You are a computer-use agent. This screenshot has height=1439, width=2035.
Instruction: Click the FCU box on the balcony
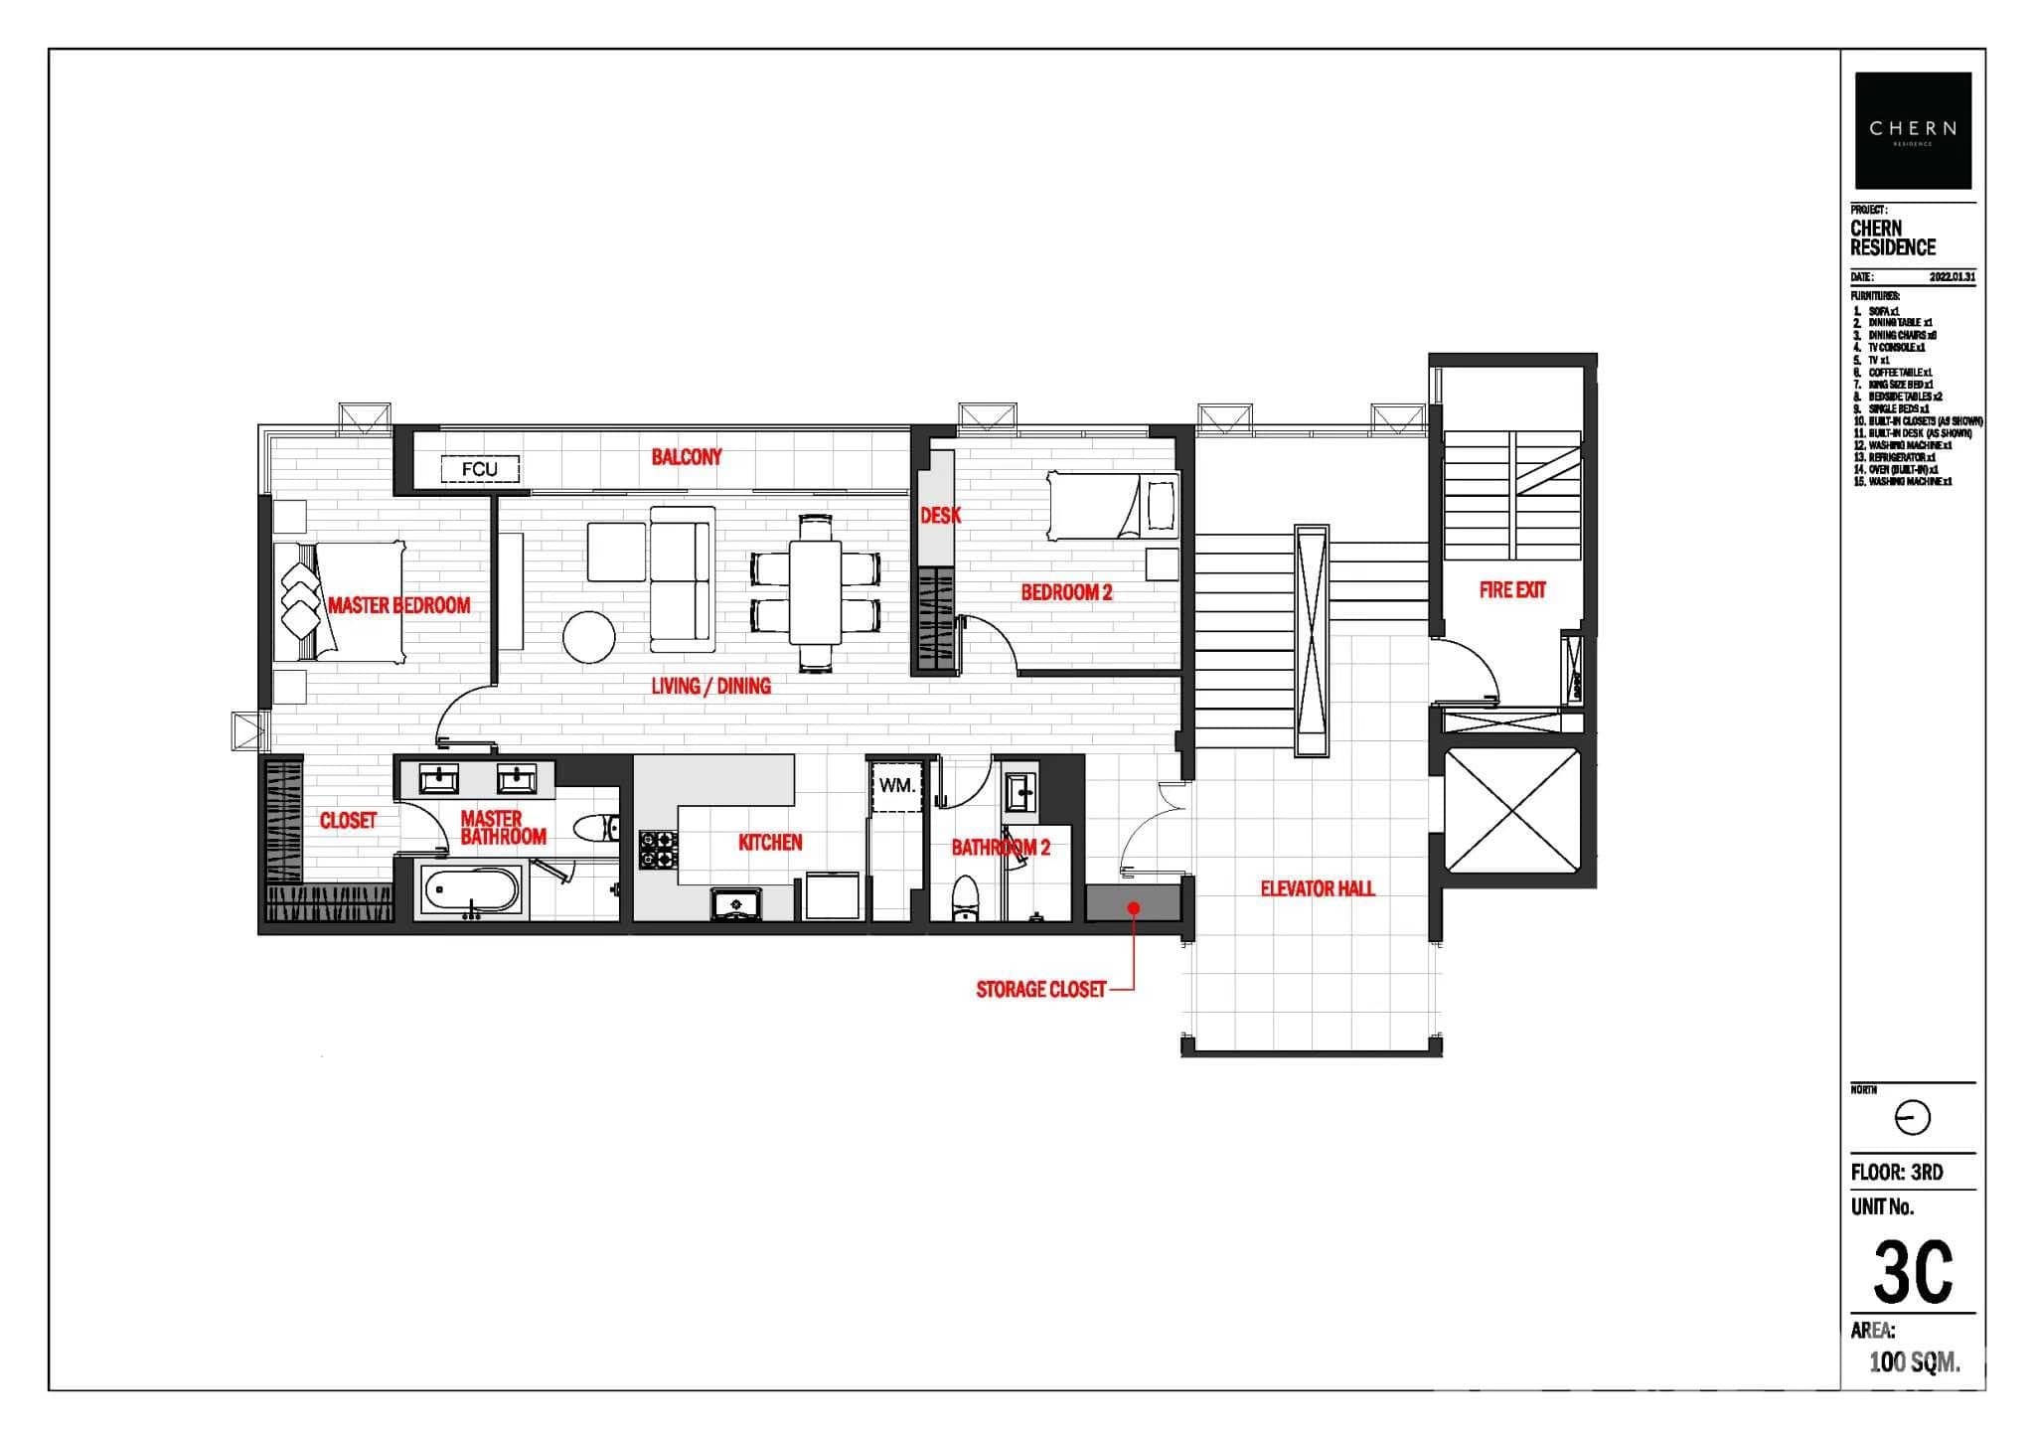pos(480,469)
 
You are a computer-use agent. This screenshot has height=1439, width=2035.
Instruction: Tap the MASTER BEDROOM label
pos(398,605)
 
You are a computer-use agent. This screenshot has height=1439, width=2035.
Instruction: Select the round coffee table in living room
pos(589,637)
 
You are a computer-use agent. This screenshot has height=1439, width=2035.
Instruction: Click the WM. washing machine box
pos(897,785)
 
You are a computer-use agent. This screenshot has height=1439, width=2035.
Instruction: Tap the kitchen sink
pos(736,903)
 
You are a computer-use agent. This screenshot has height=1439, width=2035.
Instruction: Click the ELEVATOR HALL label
pos(1317,888)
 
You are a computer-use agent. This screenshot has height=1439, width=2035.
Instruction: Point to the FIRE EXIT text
pos(1511,590)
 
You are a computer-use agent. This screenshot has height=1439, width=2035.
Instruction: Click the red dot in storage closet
pos(1133,907)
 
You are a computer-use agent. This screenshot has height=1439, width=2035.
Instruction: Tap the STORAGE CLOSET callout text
pos(1040,990)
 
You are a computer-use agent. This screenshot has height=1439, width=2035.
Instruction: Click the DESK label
pos(940,515)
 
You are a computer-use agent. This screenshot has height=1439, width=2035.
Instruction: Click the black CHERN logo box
pos(1913,130)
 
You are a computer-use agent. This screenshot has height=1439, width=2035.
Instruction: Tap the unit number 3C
pos(1913,1271)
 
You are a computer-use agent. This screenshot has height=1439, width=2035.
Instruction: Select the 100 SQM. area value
pos(1914,1361)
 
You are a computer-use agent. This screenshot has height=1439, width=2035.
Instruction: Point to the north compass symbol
pos(1913,1119)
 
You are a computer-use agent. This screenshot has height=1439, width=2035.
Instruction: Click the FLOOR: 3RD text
pos(1896,1173)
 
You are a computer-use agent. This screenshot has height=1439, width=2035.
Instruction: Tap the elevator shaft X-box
pos(1511,815)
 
